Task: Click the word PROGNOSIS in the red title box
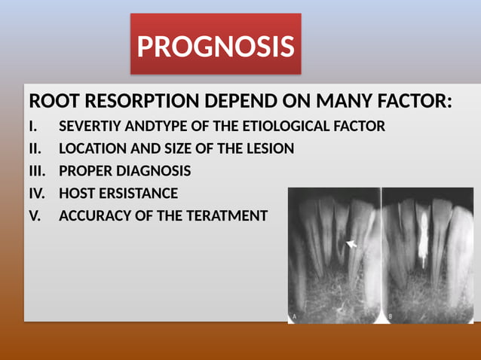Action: [216, 47]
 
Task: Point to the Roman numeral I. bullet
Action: [33, 127]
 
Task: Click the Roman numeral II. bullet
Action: [35, 149]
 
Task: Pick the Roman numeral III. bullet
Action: [37, 171]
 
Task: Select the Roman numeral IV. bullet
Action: [37, 194]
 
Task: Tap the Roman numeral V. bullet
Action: [35, 216]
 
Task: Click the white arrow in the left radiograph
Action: [351, 243]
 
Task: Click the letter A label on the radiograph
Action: [294, 316]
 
